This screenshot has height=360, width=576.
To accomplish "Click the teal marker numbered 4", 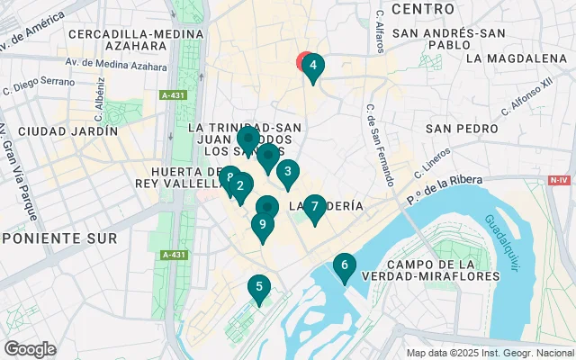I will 312,66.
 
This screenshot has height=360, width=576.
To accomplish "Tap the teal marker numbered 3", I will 287,172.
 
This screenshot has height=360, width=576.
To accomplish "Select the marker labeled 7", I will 314,207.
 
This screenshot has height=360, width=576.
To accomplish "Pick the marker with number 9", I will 262,225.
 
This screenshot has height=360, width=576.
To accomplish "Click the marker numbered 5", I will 258,288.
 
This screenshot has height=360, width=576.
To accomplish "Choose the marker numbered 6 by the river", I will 343,265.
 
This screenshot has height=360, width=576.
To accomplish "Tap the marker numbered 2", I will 239,187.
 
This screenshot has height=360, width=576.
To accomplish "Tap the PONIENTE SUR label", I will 59,238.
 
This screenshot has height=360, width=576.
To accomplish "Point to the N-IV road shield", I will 559,180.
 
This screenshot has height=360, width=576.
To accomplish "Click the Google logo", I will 30,349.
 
